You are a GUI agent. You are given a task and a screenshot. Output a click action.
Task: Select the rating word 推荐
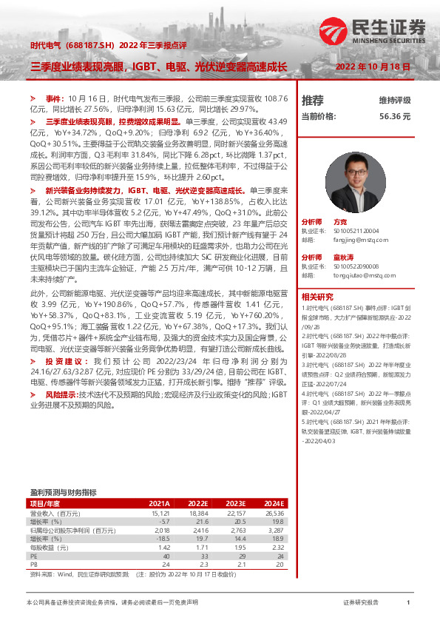click(x=313, y=100)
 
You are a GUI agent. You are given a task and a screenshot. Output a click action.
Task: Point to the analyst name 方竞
click(x=340, y=221)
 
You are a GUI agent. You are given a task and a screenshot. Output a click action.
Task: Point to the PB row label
click(x=33, y=563)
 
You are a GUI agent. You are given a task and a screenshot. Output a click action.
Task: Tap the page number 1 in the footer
click(x=407, y=603)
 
